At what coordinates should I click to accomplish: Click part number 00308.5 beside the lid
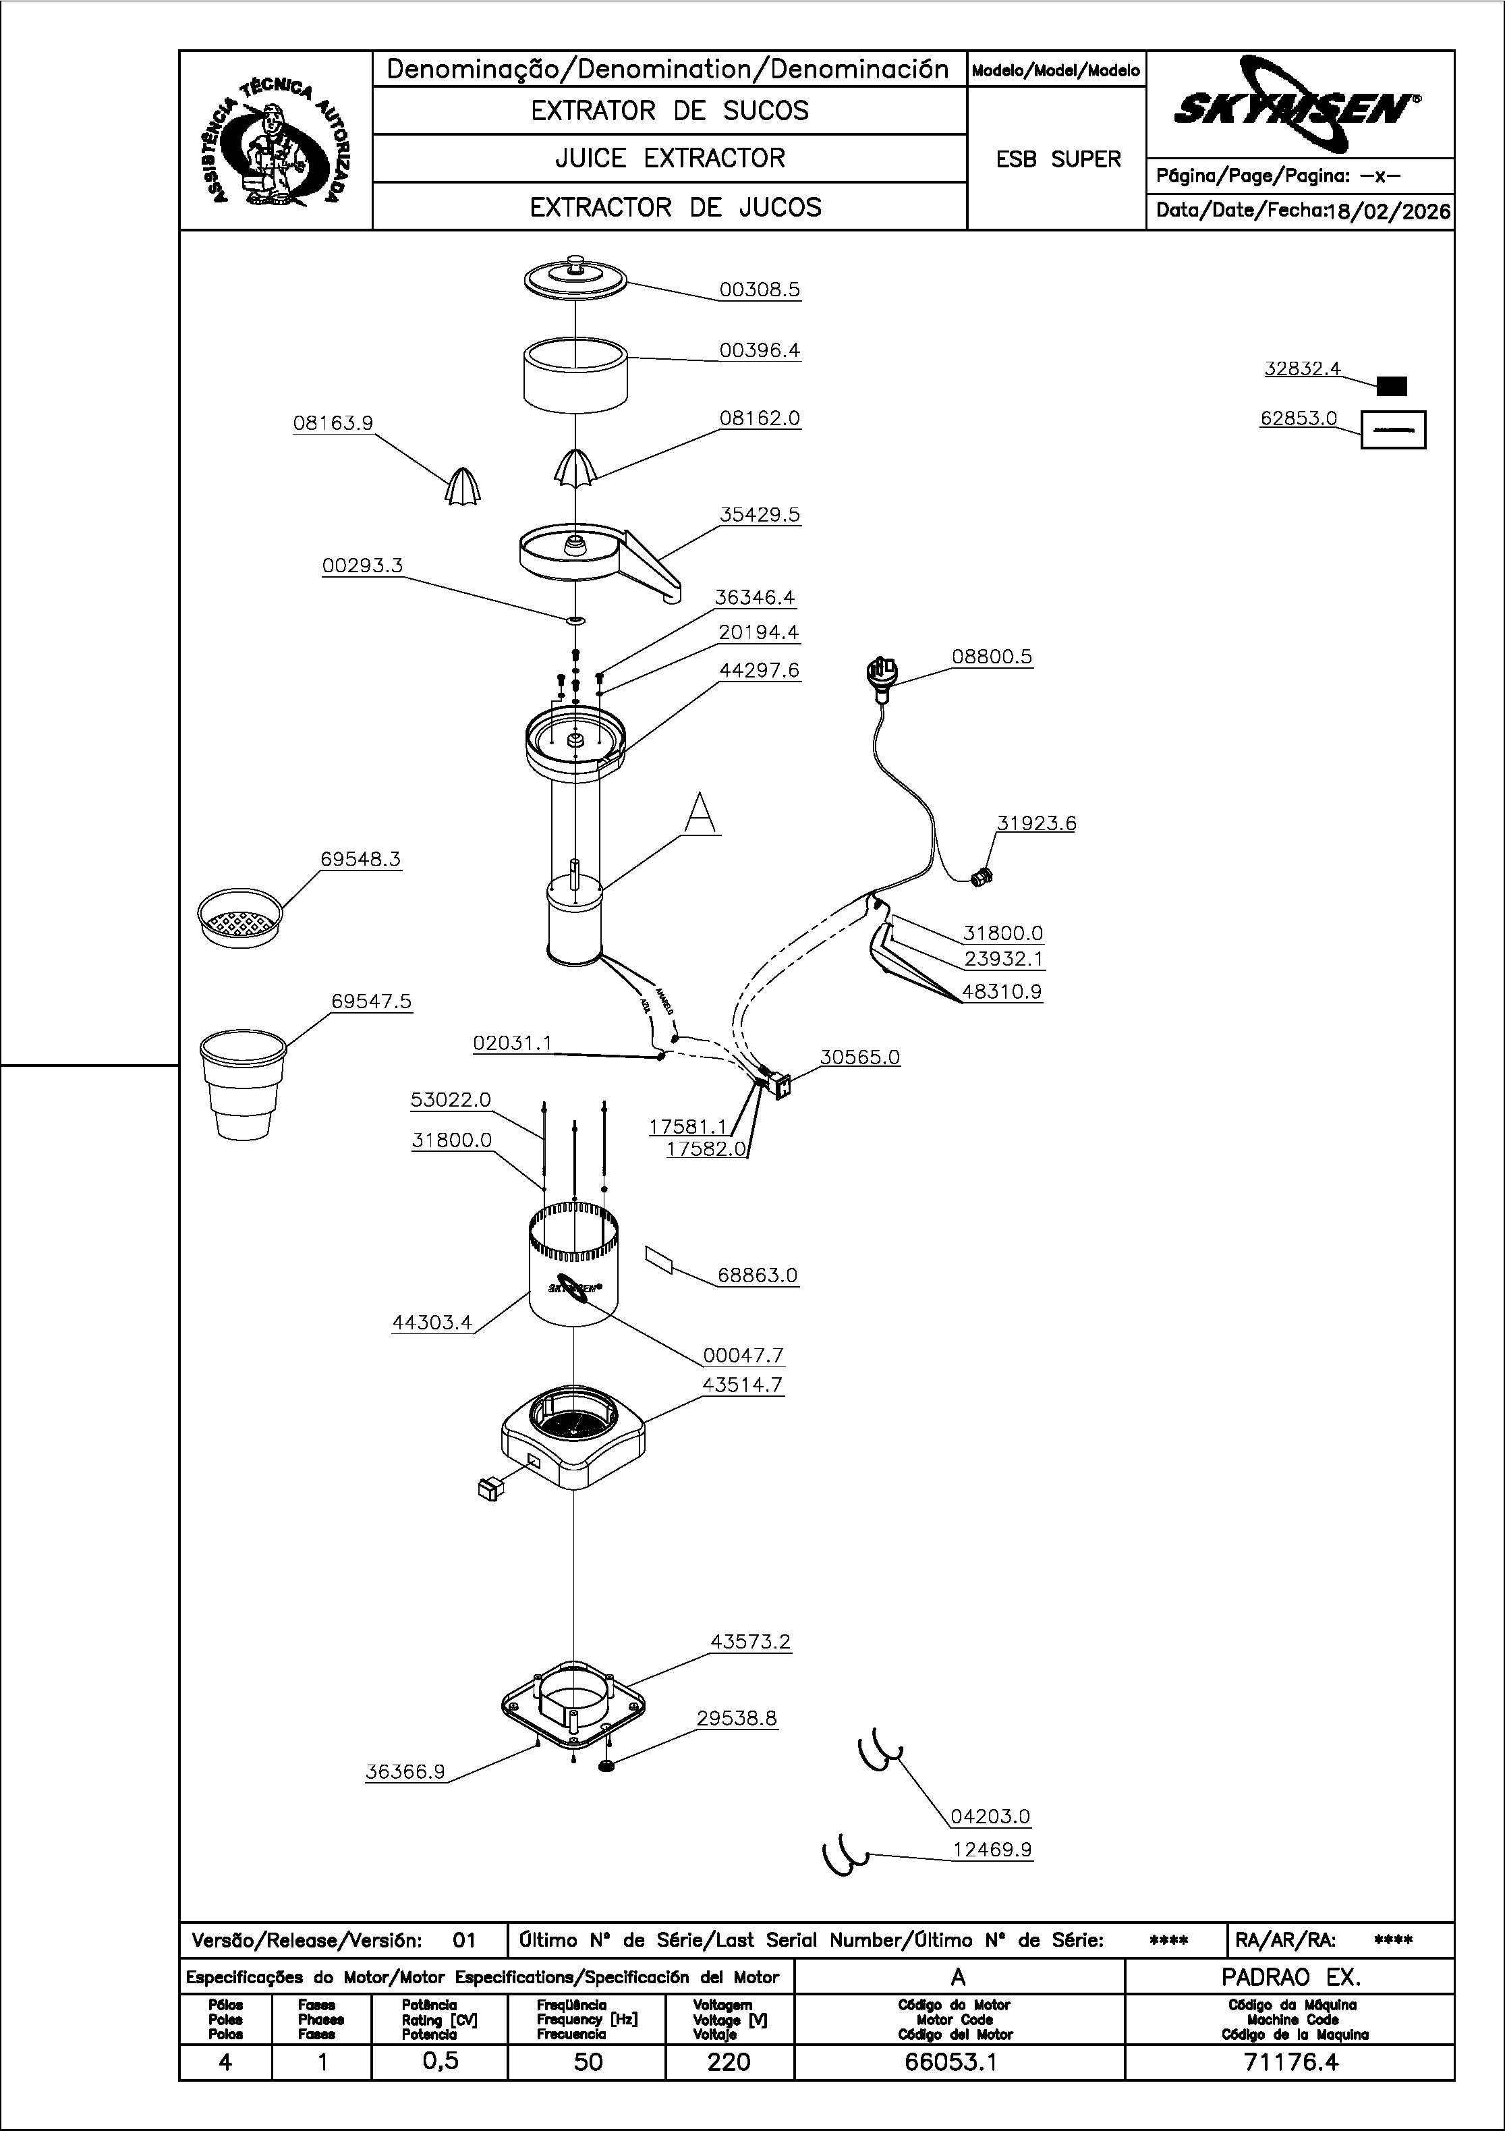759,289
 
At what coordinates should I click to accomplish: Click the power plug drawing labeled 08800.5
882,672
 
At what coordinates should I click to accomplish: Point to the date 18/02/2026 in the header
1389,212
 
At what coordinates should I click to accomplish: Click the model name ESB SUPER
1058,160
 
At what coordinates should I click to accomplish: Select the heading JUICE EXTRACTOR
670,159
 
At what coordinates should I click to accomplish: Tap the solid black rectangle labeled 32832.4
1391,386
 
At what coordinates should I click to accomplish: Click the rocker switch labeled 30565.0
781,1086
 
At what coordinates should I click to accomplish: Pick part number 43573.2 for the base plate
749,1642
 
